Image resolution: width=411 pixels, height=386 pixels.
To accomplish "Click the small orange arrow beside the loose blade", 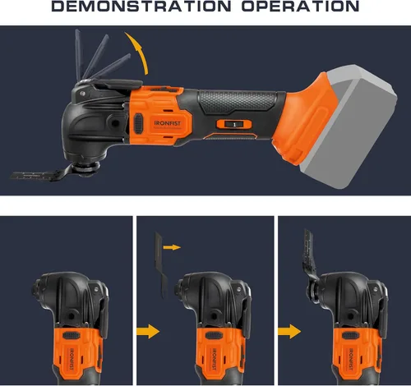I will point(172,245).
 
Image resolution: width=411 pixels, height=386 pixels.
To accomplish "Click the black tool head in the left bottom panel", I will point(62,296).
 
